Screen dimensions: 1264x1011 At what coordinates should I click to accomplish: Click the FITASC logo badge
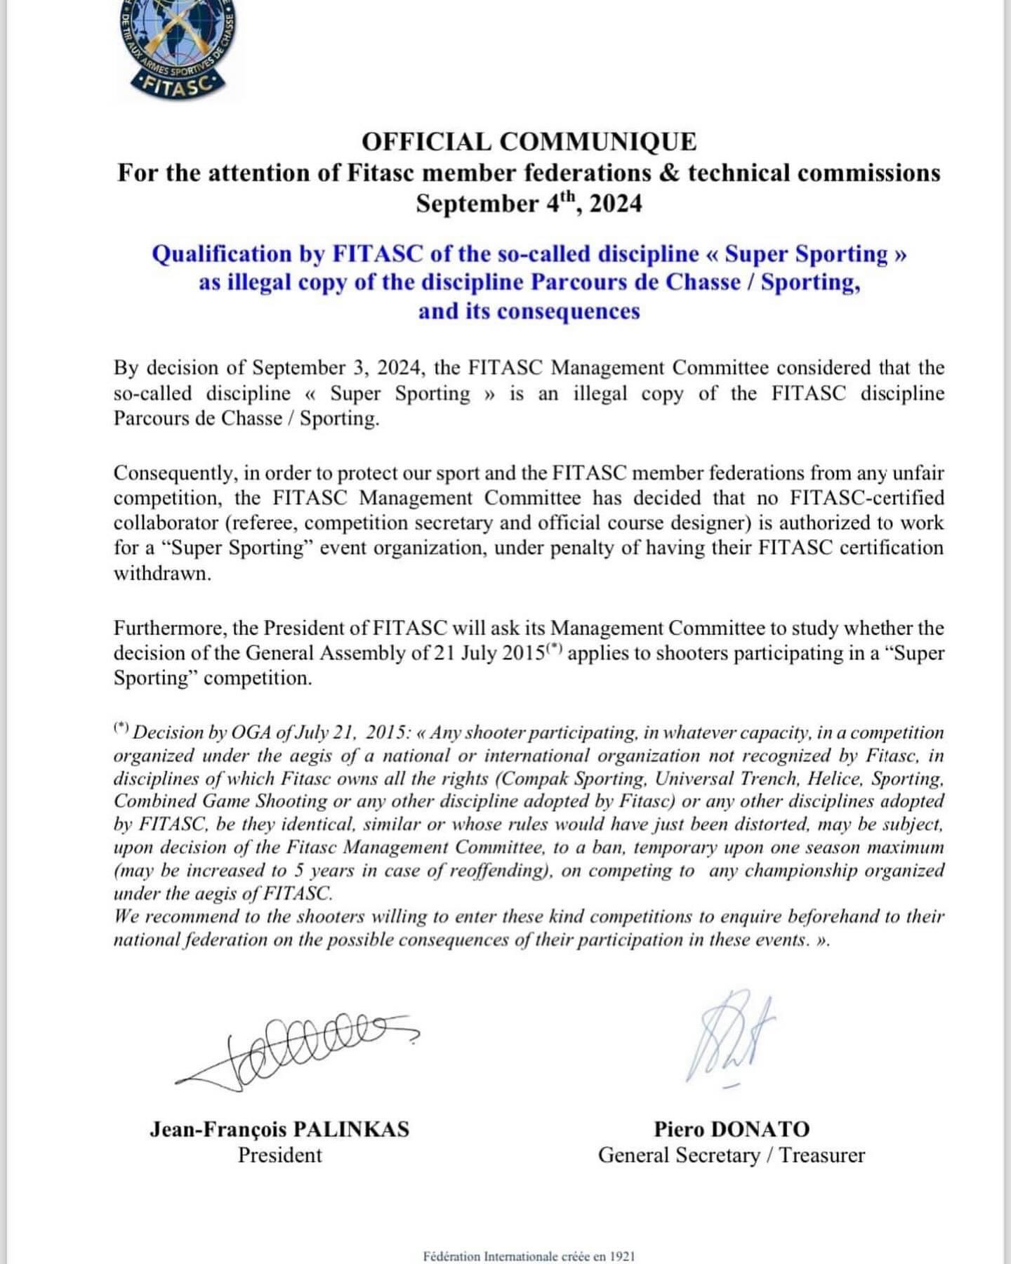click(x=178, y=46)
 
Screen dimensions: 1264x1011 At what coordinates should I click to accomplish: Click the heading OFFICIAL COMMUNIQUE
click(x=529, y=142)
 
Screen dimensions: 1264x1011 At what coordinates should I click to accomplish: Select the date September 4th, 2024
click(x=529, y=204)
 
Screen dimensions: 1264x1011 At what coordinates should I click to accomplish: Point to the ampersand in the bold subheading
click(x=670, y=173)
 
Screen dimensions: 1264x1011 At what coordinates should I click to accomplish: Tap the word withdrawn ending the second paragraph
click(x=161, y=573)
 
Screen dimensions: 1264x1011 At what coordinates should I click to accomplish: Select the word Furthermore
click(x=167, y=628)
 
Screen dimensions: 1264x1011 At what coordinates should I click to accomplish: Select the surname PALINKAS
click(x=350, y=1129)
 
